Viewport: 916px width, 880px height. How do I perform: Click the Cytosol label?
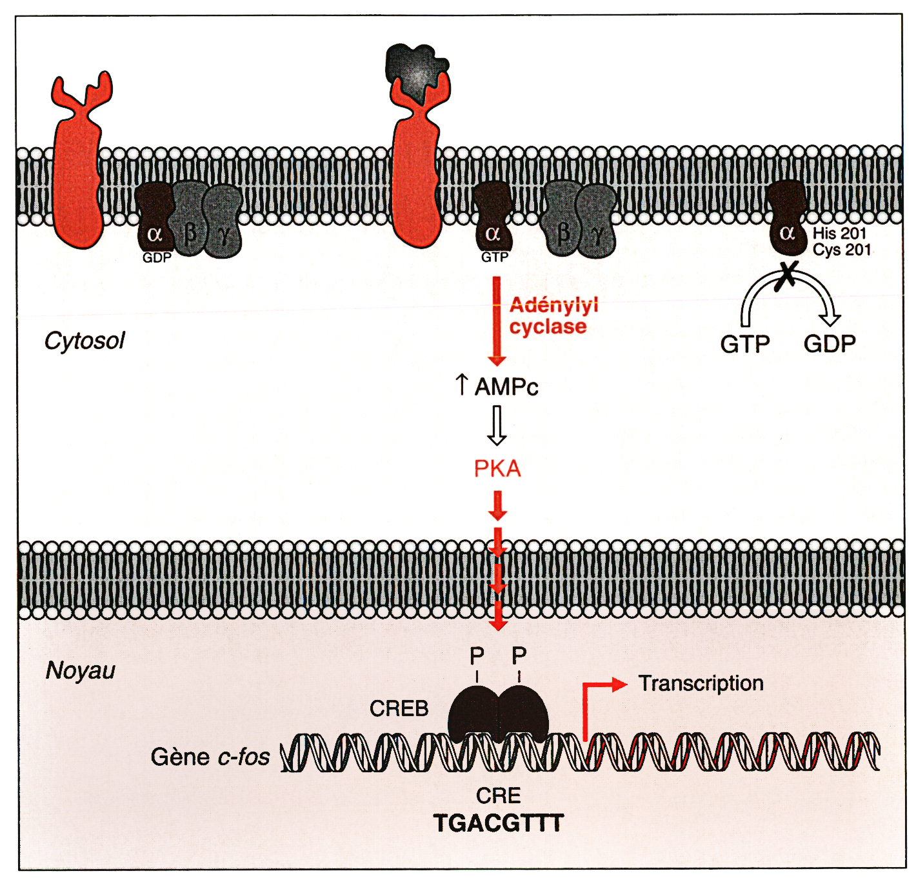(x=84, y=341)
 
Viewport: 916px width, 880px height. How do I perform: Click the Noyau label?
(x=80, y=671)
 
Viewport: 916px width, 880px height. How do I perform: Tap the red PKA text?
(x=497, y=468)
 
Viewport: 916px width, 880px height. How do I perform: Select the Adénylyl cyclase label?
(x=553, y=315)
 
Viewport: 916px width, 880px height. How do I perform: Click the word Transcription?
(x=701, y=683)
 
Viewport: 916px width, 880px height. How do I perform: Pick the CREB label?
(x=399, y=708)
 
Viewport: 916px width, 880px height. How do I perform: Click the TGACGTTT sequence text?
(x=498, y=824)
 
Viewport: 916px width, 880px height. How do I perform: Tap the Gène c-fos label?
(x=210, y=757)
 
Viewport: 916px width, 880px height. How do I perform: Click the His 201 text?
(x=839, y=234)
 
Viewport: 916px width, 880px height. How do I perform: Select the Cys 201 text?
(x=841, y=250)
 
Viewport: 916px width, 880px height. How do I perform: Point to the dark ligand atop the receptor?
(x=415, y=67)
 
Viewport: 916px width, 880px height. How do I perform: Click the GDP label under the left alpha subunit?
(x=157, y=258)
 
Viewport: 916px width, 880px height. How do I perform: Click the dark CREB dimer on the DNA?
(x=498, y=713)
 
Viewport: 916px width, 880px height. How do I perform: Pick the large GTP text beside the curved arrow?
(x=744, y=345)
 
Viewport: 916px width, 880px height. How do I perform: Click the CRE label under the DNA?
(x=498, y=795)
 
